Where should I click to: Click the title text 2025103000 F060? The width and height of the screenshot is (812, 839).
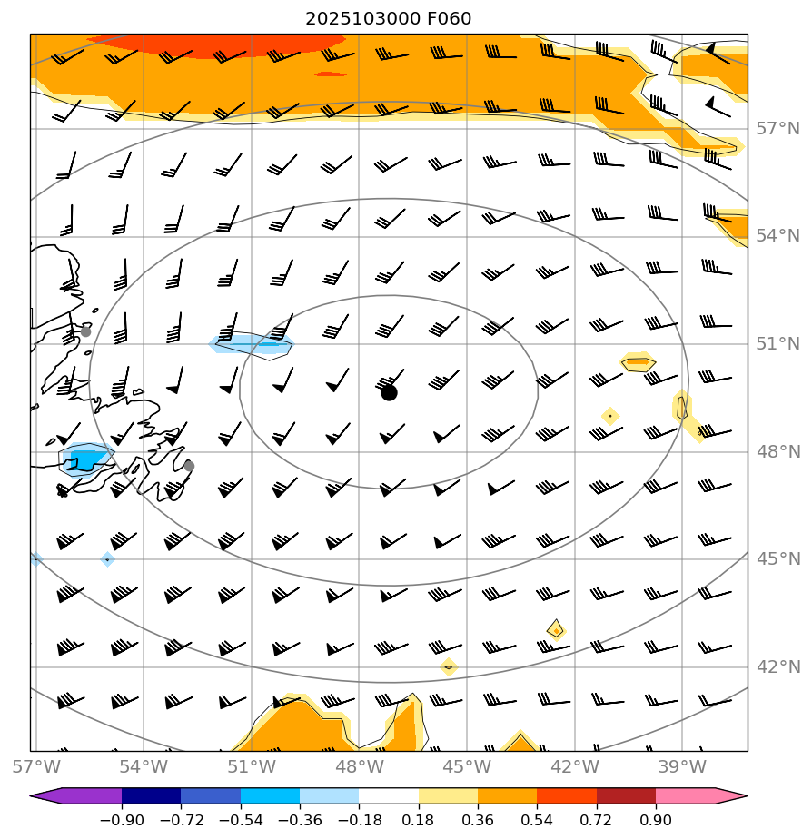[388, 19]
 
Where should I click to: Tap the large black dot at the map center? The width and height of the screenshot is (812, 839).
[389, 392]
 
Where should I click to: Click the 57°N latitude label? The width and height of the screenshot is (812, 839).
[778, 128]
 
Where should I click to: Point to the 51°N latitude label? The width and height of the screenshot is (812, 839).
[778, 343]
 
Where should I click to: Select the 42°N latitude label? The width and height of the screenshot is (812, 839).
[778, 666]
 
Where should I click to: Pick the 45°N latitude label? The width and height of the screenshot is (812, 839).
[778, 558]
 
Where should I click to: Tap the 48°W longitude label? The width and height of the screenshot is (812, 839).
[359, 766]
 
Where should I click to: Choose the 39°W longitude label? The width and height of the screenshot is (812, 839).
[682, 766]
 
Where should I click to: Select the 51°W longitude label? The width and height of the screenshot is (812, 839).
[252, 766]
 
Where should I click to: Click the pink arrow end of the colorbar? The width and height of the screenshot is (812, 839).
[732, 796]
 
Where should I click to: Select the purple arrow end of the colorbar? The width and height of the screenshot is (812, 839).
[46, 796]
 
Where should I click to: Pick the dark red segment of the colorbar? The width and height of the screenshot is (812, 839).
[626, 796]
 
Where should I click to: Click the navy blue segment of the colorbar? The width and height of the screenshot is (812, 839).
[151, 796]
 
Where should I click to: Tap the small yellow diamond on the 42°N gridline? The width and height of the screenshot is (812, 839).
[448, 667]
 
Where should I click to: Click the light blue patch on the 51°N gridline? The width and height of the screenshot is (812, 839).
[252, 344]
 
